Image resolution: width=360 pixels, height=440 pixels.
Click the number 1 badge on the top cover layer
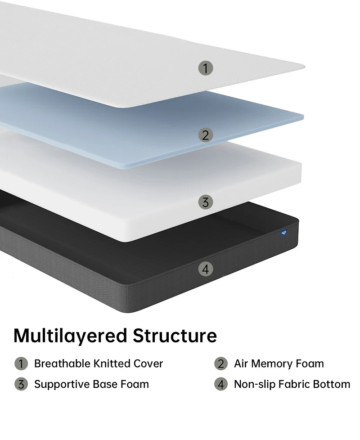pos(206,68)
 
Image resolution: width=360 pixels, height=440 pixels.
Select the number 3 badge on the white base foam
pos(206,202)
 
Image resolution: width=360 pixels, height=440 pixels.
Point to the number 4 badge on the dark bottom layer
pos(206,269)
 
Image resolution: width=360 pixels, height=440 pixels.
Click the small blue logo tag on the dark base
pos(284,233)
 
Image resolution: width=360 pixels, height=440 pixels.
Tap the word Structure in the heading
pos(175,335)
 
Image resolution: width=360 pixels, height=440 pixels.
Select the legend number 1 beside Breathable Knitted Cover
pos(21,364)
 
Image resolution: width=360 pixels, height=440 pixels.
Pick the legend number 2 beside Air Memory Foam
pos(221,364)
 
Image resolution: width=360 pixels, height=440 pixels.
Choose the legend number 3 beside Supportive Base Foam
pos(21,384)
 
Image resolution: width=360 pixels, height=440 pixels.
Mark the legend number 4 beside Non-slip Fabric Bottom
pos(221,384)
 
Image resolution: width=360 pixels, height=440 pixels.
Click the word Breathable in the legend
pos(63,364)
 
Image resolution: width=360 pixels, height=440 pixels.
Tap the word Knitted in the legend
pos(112,364)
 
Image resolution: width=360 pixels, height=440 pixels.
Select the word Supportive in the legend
pos(62,385)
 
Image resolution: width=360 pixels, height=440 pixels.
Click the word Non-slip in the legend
pos(255,385)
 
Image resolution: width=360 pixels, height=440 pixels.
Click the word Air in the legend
pos(241,364)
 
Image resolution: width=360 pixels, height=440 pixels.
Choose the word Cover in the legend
pos(148,364)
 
